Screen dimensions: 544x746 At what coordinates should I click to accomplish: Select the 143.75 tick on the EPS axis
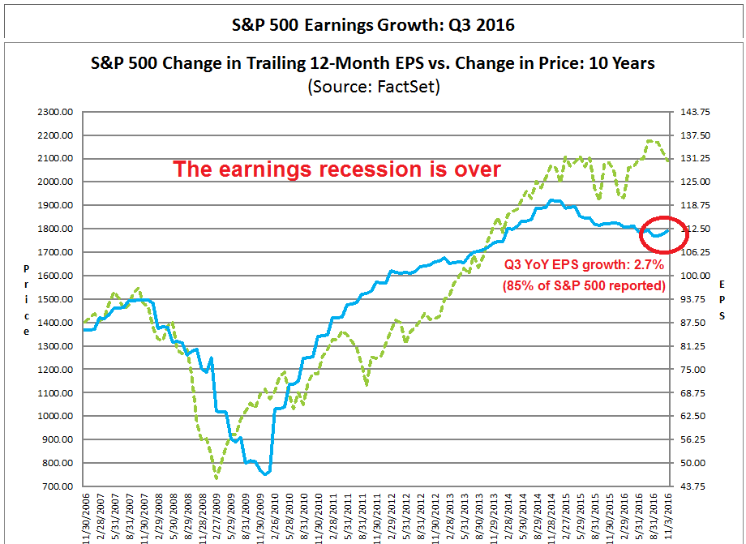pyautogui.click(x=693, y=112)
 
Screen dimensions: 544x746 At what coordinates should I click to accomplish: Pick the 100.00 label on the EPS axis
pyautogui.click(x=693, y=276)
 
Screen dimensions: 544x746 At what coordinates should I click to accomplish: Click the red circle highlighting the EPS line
pyautogui.click(x=664, y=231)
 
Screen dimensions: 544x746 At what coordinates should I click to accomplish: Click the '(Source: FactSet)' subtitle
pyautogui.click(x=374, y=87)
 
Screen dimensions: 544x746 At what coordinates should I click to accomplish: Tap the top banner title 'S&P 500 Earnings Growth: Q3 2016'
pyautogui.click(x=374, y=25)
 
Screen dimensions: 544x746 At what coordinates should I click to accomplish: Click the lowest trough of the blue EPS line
pyautogui.click(x=264, y=473)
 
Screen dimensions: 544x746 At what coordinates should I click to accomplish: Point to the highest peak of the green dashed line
pyautogui.click(x=651, y=141)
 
